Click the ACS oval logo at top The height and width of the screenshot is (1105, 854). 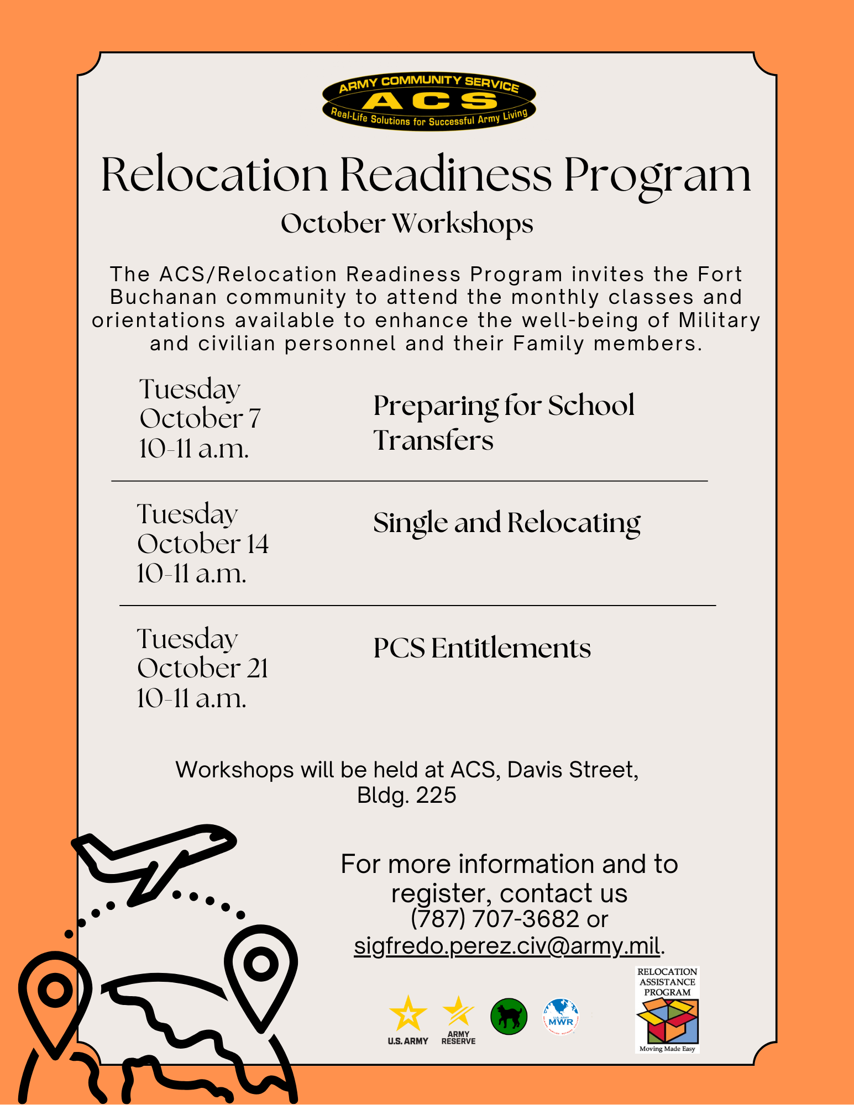(x=429, y=101)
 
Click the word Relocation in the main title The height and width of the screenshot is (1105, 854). (x=214, y=175)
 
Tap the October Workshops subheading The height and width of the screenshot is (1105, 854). (x=407, y=224)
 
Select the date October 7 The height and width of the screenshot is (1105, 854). (x=200, y=419)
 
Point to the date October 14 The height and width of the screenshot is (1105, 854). (x=203, y=544)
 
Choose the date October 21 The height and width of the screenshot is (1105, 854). (x=203, y=669)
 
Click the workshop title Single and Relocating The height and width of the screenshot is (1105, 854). (x=506, y=523)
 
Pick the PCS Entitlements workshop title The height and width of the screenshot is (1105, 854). (x=482, y=648)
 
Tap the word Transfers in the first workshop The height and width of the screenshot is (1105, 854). (x=433, y=440)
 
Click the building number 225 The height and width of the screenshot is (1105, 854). (x=436, y=795)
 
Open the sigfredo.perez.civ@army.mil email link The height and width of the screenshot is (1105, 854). (x=507, y=946)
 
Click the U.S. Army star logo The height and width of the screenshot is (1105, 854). (x=408, y=1020)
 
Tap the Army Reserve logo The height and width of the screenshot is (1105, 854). (x=458, y=1020)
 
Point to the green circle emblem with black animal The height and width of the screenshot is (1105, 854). (x=509, y=1017)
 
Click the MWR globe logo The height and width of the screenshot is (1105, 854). (x=560, y=1017)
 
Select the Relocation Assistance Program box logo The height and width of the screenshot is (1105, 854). (x=667, y=1009)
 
